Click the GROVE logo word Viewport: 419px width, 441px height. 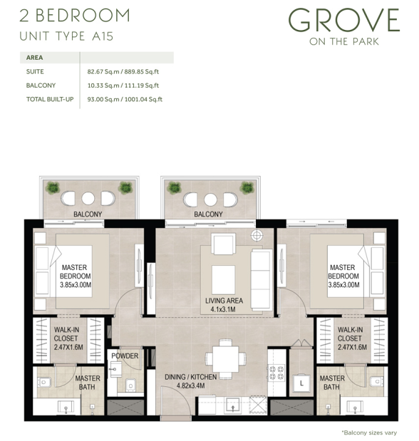click(344, 20)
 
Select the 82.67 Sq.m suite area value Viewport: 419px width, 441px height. click(103, 72)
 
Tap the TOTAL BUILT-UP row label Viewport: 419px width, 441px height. click(50, 99)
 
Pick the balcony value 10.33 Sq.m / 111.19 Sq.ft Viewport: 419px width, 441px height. click(123, 85)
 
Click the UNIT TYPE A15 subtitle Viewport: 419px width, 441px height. click(66, 36)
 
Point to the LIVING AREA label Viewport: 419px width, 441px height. click(224, 301)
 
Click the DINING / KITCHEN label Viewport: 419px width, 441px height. click(190, 377)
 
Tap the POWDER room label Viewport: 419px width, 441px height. click(125, 356)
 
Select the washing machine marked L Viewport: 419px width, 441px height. click(301, 383)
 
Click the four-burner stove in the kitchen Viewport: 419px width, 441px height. click(276, 373)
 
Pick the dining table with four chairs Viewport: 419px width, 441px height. click(226, 359)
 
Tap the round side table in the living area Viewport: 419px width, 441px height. click(257, 235)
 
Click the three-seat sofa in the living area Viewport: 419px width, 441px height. click(262, 280)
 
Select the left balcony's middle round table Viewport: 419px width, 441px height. click(88, 198)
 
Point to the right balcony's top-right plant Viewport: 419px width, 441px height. click(247, 187)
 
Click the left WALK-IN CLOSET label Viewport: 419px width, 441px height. click(68, 338)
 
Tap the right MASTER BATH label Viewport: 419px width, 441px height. click(332, 383)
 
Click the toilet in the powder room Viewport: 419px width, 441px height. click(131, 385)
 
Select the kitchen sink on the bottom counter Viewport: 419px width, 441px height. click(233, 405)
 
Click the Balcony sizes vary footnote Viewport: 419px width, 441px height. click(369, 432)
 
